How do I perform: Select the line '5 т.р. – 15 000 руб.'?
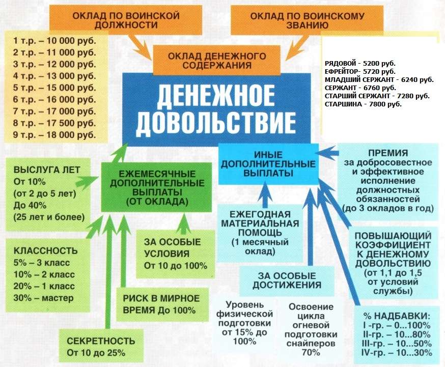(54, 87)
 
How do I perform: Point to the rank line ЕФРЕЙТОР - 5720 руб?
(359, 72)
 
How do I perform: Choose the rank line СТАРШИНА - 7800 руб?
(363, 104)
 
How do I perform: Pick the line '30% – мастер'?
(44, 298)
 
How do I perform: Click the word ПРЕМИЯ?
(389, 153)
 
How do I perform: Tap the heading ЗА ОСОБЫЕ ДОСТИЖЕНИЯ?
(289, 280)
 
